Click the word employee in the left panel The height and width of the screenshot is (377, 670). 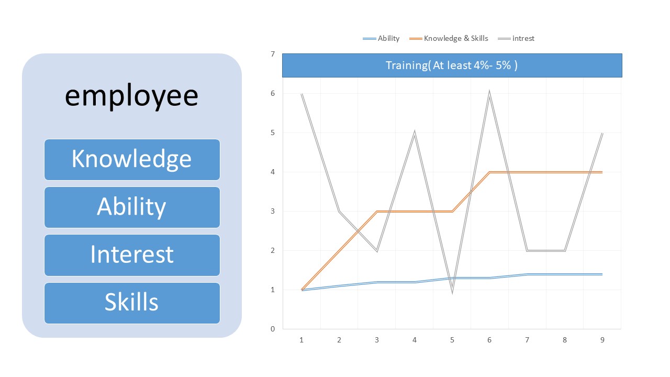(131, 96)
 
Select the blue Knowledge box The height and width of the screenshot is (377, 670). (132, 159)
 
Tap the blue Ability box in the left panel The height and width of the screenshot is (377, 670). (132, 207)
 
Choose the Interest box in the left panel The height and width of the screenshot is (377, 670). (132, 254)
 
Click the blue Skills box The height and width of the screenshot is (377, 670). (132, 303)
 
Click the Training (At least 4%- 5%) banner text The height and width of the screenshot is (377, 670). (452, 65)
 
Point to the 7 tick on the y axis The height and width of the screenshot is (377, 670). (273, 54)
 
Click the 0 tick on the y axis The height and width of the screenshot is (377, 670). (273, 329)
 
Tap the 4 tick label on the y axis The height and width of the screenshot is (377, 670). (273, 172)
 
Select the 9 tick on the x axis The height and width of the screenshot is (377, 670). (602, 340)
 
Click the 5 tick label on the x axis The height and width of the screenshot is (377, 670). (452, 340)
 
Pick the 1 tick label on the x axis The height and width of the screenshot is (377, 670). (301, 340)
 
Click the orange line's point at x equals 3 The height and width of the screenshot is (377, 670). (377, 212)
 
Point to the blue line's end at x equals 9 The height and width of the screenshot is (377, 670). (602, 274)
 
